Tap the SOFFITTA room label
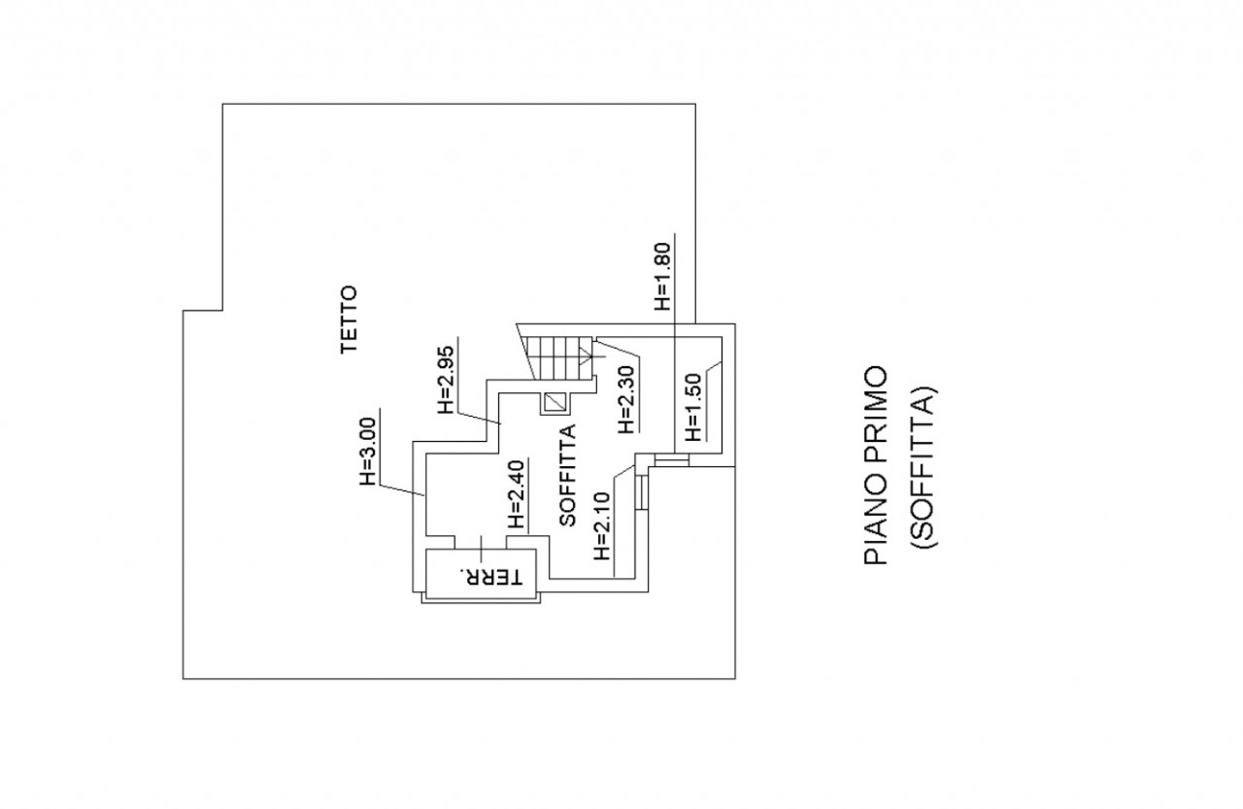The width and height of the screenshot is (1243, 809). (568, 475)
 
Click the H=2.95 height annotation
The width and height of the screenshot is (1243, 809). (447, 378)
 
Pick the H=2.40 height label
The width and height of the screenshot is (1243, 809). (518, 493)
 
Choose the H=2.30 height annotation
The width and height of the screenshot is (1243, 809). (626, 397)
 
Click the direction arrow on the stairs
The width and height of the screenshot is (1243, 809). (586, 354)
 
